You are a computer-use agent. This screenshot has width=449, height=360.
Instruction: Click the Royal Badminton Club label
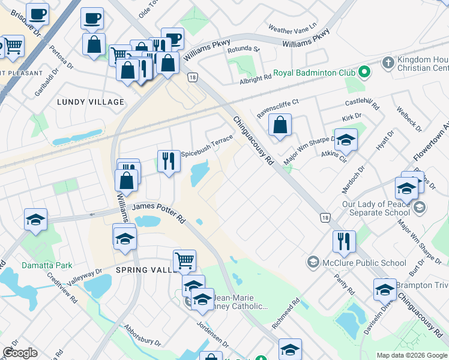[314, 73]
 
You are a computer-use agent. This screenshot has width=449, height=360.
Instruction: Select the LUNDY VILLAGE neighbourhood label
[90, 102]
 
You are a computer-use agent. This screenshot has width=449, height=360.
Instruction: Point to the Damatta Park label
[47, 265]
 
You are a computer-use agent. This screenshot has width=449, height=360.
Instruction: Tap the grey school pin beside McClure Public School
[313, 262]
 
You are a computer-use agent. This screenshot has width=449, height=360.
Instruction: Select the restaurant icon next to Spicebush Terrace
[169, 161]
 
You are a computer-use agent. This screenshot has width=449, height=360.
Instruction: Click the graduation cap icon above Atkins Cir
[346, 140]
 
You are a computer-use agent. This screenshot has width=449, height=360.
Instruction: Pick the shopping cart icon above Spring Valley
[184, 261]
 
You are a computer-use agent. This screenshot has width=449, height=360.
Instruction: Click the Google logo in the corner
[20, 353]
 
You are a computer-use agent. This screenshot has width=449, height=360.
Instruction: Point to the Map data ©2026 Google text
[412, 355]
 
